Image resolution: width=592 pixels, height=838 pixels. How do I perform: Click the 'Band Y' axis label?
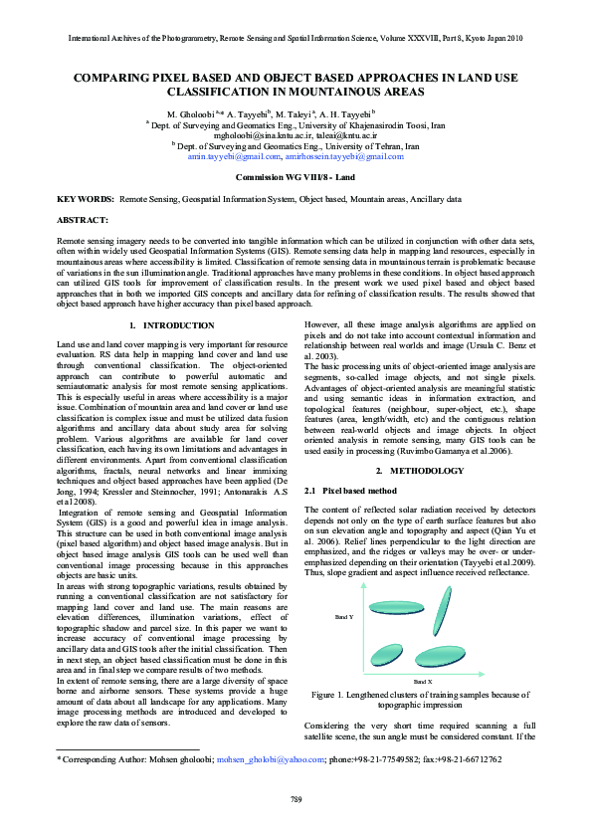tap(343, 618)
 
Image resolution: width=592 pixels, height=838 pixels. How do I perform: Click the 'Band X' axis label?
tap(422, 681)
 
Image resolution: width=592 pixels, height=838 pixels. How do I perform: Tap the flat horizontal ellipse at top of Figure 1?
tap(395, 607)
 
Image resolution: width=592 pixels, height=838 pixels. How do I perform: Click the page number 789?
tap(296, 800)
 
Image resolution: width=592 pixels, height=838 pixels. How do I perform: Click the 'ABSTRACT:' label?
tap(83, 218)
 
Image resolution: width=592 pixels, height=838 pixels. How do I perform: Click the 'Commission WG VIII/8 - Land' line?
tap(296, 176)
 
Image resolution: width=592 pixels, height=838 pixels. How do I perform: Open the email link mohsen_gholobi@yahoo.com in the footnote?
tap(270, 759)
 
